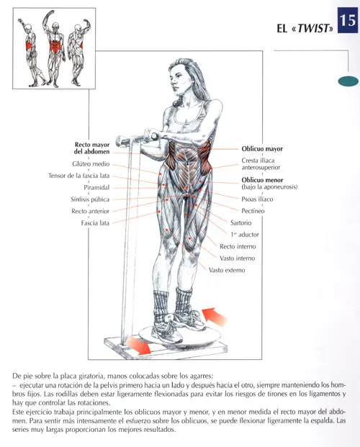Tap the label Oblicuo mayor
[262, 149]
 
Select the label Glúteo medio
[91, 163]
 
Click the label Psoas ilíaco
[257, 199]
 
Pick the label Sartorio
[240, 223]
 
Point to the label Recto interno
[237, 246]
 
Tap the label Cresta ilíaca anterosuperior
[258, 164]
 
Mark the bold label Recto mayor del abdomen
[91, 148]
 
